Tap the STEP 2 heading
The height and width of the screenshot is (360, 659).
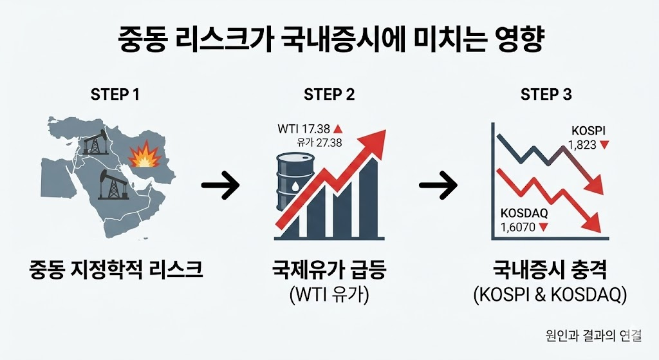[x=329, y=95]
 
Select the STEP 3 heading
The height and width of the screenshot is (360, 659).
[x=546, y=95]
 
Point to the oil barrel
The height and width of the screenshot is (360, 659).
[x=293, y=183]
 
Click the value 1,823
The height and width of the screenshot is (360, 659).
[x=582, y=146]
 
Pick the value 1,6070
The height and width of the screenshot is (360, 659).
[x=517, y=227]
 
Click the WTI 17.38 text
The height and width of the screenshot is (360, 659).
[x=302, y=129]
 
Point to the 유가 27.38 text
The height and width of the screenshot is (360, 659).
[x=320, y=142]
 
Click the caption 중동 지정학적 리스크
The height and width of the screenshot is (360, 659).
[x=116, y=269]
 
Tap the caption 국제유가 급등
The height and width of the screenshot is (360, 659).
[x=329, y=269]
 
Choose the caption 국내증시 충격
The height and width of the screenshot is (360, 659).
[x=546, y=269]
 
